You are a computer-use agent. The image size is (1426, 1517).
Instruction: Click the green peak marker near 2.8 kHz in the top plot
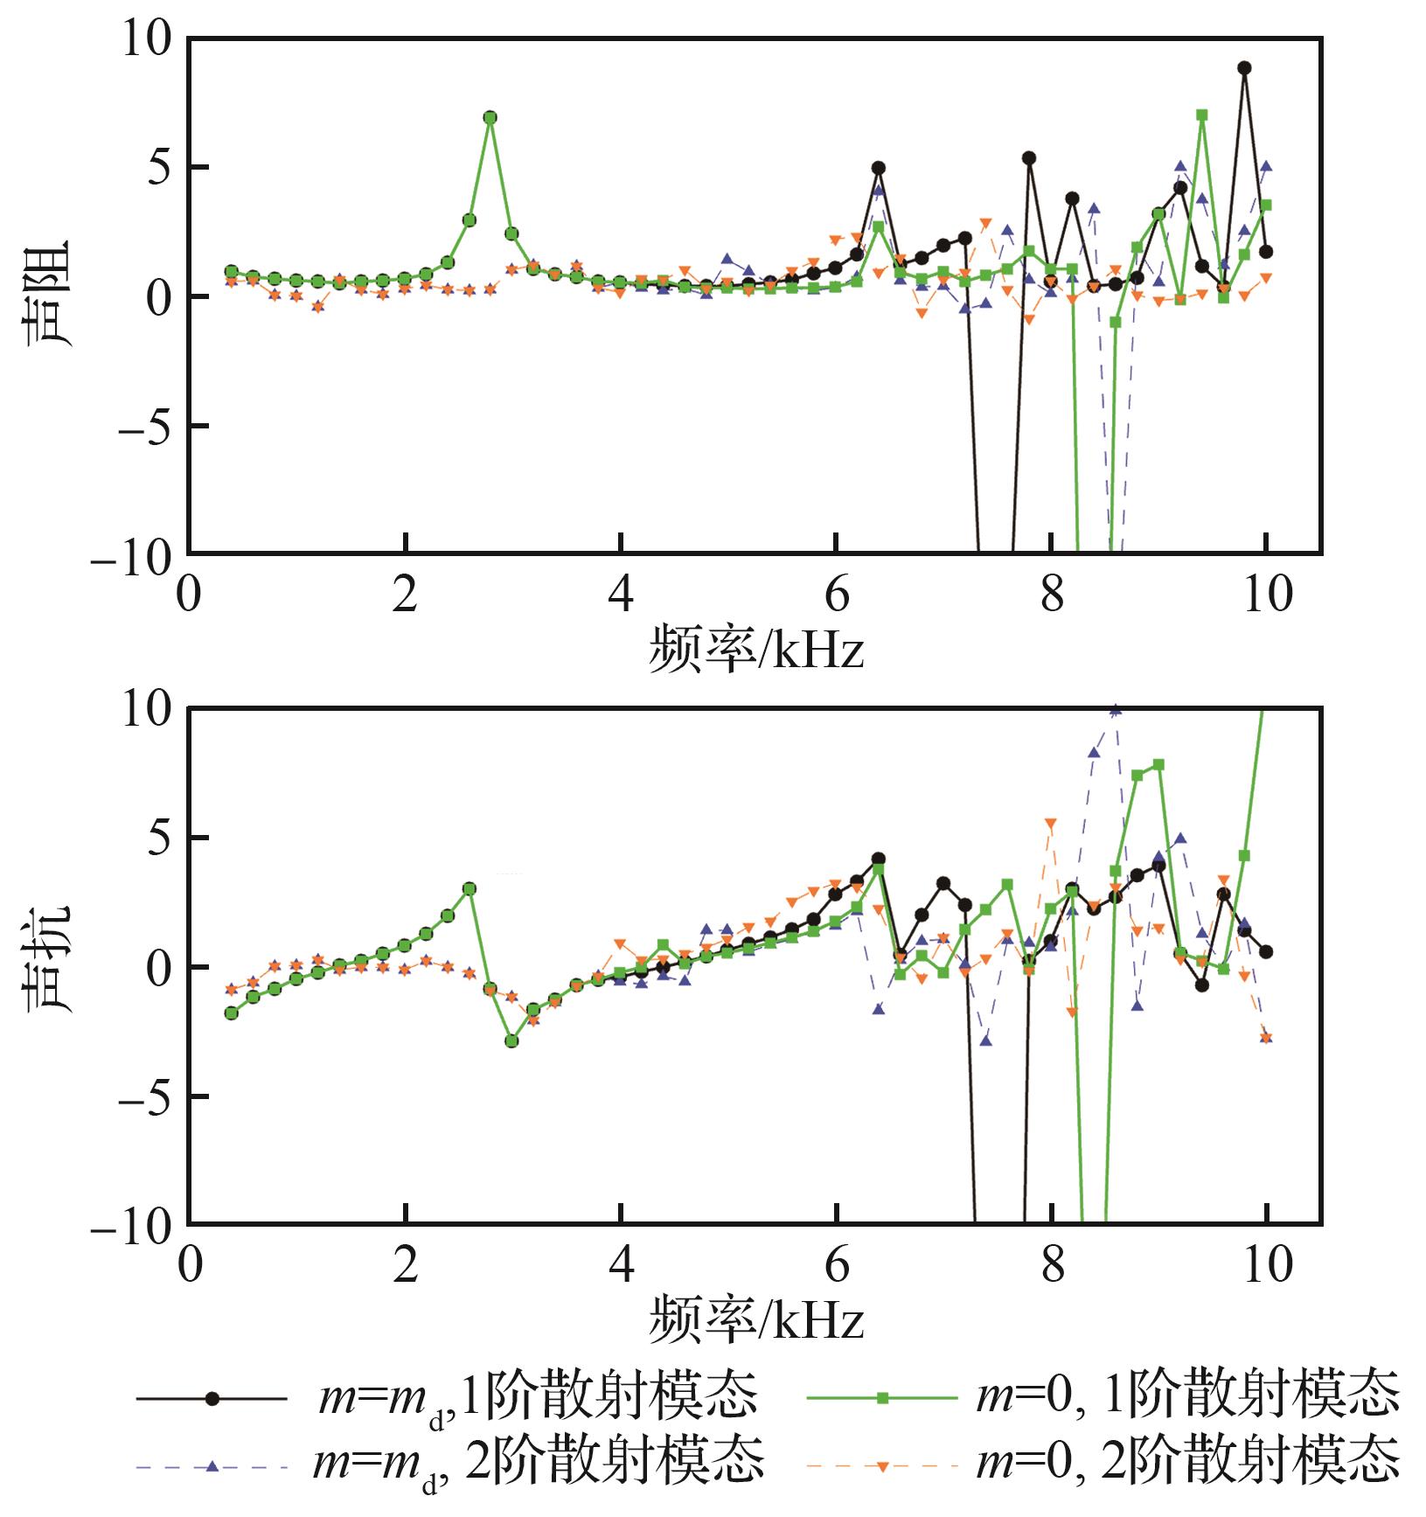tap(490, 117)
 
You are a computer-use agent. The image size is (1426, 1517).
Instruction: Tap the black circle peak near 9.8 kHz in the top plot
tap(1244, 67)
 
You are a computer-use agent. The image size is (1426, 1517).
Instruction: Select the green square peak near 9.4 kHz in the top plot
tap(1201, 115)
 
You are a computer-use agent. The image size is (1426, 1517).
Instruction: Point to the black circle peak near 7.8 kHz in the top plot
tap(1029, 158)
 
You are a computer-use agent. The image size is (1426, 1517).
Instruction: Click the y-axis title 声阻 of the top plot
tap(50, 294)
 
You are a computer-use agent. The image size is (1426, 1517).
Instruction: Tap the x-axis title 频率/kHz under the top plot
tap(755, 651)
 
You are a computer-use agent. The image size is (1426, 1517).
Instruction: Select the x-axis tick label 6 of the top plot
tap(837, 595)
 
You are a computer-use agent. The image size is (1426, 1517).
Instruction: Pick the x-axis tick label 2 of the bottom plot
tap(405, 1264)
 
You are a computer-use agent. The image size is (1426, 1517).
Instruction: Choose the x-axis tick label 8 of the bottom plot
tap(1052, 1264)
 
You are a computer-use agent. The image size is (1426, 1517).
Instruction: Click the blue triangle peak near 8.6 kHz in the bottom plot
tap(1115, 709)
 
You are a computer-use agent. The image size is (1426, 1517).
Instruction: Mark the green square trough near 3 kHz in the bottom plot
tap(512, 1040)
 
